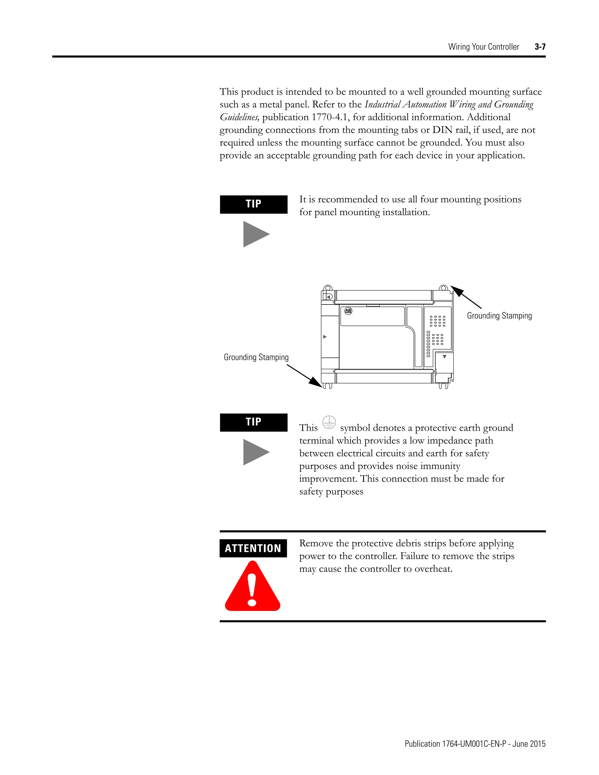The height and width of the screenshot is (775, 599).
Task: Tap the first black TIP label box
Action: (253, 204)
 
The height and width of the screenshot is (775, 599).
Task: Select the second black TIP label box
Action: (253, 422)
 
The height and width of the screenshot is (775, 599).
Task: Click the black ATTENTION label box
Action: (253, 548)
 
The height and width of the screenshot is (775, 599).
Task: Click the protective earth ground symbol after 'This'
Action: (329, 422)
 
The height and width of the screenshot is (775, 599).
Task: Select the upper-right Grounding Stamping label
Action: (499, 316)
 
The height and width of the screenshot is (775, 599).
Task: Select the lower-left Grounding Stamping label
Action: (256, 357)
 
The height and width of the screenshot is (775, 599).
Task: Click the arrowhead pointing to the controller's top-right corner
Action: (456, 290)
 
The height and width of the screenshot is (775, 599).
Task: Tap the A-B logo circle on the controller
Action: (348, 311)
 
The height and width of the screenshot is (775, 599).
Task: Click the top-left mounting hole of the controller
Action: (328, 288)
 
